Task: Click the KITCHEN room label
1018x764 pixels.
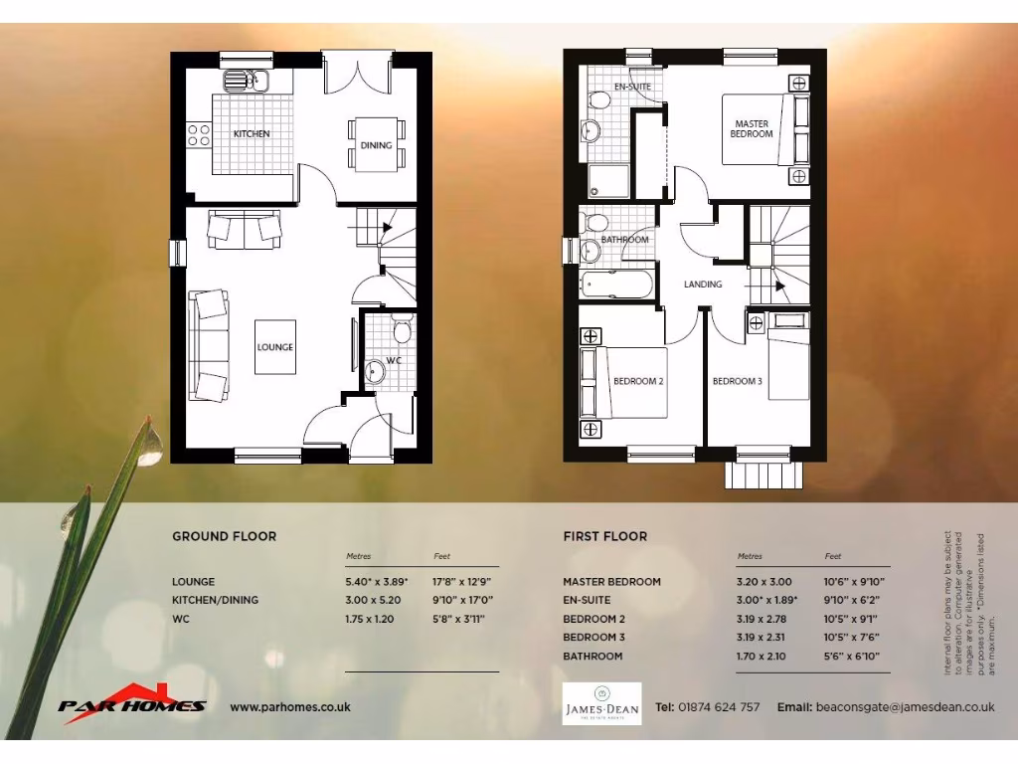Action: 252,133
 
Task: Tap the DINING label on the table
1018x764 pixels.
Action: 376,145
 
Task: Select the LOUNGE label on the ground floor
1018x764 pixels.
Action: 275,347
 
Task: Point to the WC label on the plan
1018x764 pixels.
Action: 394,360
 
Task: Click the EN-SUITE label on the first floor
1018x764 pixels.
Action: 631,87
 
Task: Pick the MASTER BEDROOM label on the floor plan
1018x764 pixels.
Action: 752,128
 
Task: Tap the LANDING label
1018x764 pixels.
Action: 703,285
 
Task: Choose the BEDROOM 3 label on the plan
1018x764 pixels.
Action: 737,381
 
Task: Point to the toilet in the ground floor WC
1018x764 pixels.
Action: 402,328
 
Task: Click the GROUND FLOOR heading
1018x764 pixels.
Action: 225,536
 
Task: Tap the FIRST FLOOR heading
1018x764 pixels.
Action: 604,536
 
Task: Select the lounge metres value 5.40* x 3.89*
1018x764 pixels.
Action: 377,582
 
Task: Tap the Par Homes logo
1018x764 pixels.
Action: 132,700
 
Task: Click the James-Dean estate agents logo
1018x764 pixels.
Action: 601,703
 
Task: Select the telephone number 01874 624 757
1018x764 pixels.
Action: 720,707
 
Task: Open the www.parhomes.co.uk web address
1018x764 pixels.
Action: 290,707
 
